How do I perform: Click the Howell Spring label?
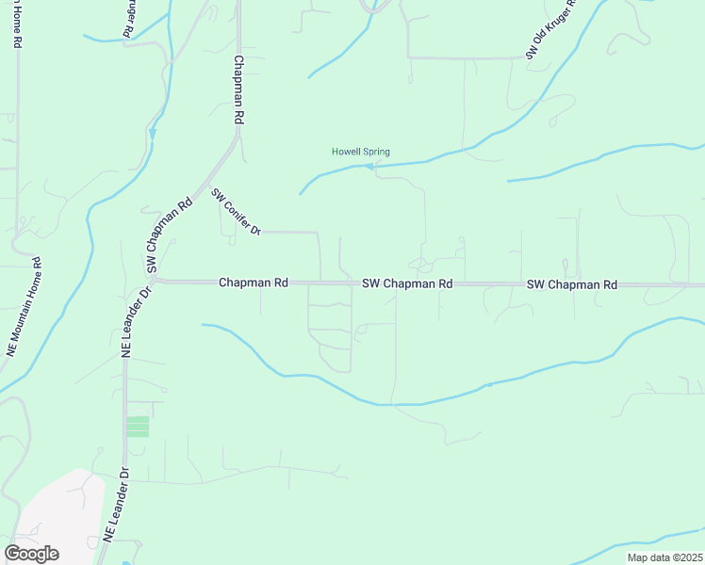coord(360,152)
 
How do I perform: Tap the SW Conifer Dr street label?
coord(236,213)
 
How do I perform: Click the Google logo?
coord(31,553)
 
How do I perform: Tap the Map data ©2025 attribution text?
coord(664,557)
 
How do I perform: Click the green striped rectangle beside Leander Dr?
coord(138,427)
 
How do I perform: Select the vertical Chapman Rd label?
coord(239,90)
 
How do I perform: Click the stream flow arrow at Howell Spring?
coord(369,168)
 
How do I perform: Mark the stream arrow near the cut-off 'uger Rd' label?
coord(153,134)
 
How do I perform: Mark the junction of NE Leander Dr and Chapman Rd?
coord(156,281)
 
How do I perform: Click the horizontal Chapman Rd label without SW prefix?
coord(253,282)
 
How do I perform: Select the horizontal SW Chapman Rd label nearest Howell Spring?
coord(407,282)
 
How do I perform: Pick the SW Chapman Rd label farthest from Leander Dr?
coord(571,283)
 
